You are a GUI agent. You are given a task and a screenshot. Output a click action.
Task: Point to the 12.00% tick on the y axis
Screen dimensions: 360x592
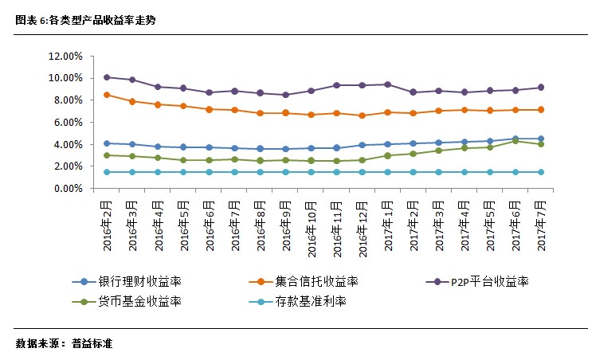tap(65, 57)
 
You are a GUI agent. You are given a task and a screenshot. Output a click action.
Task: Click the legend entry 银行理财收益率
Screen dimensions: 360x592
tap(139, 282)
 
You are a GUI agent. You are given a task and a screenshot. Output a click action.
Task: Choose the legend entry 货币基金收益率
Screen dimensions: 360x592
tap(139, 301)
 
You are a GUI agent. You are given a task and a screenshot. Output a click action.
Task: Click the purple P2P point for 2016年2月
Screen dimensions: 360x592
tap(107, 77)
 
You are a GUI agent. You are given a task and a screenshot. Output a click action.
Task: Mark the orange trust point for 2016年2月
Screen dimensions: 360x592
tap(107, 95)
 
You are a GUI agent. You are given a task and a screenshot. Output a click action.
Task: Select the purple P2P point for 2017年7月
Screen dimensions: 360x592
tap(541, 88)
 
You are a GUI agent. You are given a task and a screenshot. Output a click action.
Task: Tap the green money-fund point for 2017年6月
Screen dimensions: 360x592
tap(516, 141)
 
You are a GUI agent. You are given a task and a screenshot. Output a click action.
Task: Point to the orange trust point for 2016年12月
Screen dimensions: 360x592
tap(363, 115)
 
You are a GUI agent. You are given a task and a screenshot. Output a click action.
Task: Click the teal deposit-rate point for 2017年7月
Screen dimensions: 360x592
tap(541, 172)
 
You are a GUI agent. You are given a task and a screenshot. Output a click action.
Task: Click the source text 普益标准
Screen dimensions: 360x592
tap(92, 344)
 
